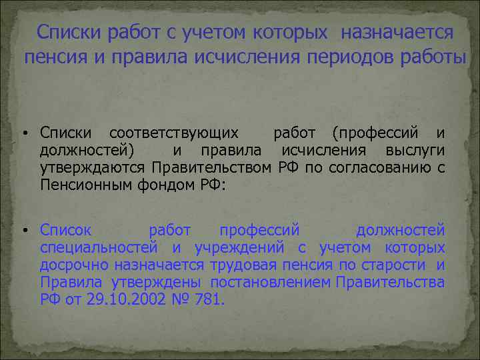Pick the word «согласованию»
pyautogui.click(x=377, y=166)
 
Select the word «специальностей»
pyautogui.click(x=98, y=248)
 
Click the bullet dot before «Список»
pyautogui.click(x=24, y=231)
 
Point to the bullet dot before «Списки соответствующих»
pyautogui.click(x=24, y=134)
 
